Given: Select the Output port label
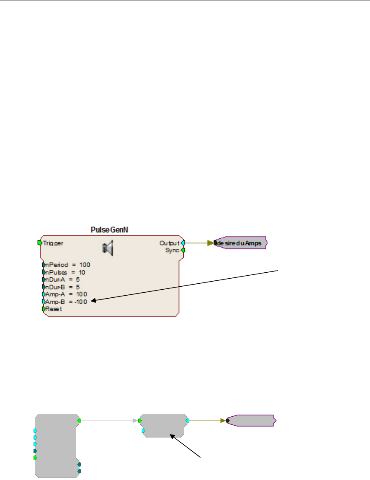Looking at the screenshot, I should click(x=169, y=243).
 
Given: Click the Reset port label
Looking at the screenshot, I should click(x=53, y=309).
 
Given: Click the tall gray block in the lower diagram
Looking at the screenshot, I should click(x=55, y=446).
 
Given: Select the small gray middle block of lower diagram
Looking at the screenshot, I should click(x=163, y=425).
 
